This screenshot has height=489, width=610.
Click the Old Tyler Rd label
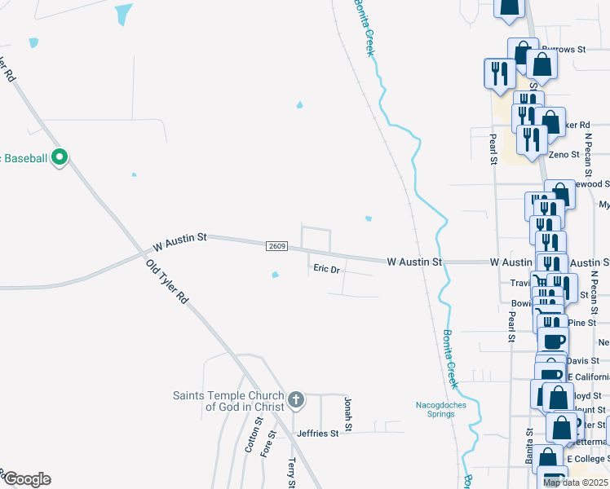pyautogui.click(x=167, y=282)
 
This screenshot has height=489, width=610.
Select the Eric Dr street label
pyautogui.click(x=326, y=268)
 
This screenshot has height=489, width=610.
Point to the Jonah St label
pyautogui.click(x=348, y=415)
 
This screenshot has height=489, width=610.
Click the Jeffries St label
pyautogui.click(x=317, y=434)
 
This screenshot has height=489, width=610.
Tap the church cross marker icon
pyautogui.click(x=296, y=400)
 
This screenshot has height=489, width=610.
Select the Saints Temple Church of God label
pyautogui.click(x=228, y=401)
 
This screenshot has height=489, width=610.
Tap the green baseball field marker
pyautogui.click(x=59, y=157)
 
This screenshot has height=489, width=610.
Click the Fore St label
pyautogui.click(x=264, y=447)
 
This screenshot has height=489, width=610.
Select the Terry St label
pyautogui.click(x=291, y=472)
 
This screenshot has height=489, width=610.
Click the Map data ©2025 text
pyautogui.click(x=576, y=482)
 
